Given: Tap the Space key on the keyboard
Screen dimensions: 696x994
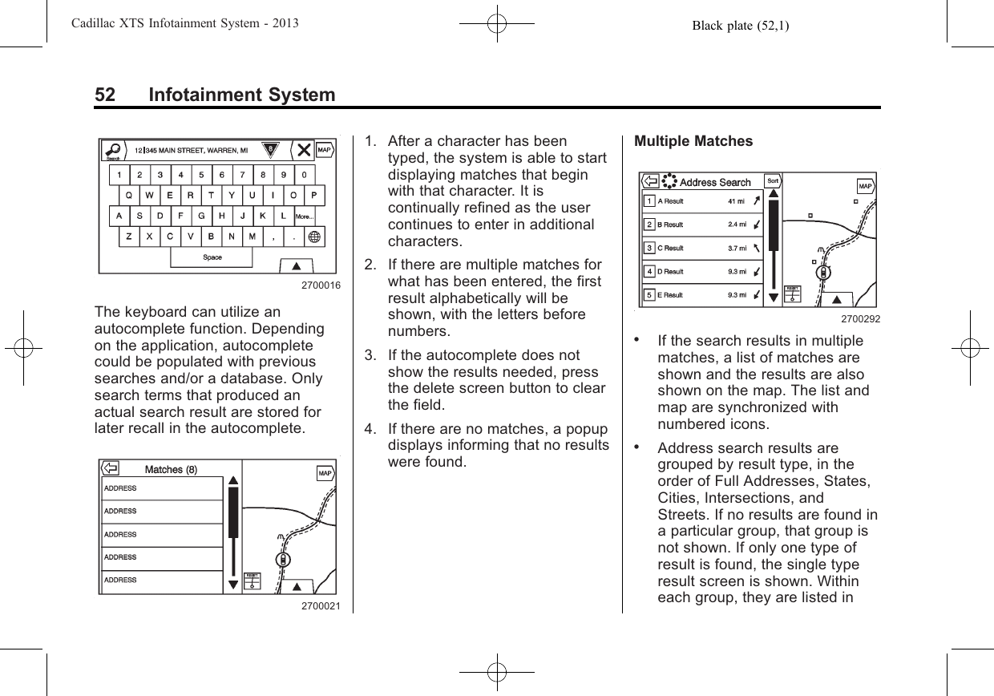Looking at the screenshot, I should pos(212,257).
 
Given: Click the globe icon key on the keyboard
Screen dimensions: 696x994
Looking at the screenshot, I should pos(313,237).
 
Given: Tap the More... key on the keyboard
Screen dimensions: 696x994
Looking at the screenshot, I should pos(305,216).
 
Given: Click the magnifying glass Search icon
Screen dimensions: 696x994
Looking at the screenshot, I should pos(115,150).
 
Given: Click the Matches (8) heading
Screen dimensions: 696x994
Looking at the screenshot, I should pos(171,469).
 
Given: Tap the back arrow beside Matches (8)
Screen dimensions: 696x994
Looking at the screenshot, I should pos(111,469).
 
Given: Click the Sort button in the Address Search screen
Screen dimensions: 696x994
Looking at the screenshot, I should pos(774,182).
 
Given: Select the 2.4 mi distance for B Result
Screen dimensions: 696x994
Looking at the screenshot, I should pos(737,225).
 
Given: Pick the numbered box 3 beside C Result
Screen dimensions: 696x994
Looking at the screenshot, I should pos(649,248).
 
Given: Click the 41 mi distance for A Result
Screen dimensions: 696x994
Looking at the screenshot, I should pos(737,201).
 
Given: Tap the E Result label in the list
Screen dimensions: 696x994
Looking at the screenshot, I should pos(670,295).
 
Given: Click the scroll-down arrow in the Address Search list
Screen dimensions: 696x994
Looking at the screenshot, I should pos(773,297).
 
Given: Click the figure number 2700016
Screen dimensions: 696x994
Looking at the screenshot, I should pos(321,285).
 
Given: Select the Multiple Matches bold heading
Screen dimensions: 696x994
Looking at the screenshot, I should pos(693,142).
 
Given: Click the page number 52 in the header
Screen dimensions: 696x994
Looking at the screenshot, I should pos(104,95).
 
